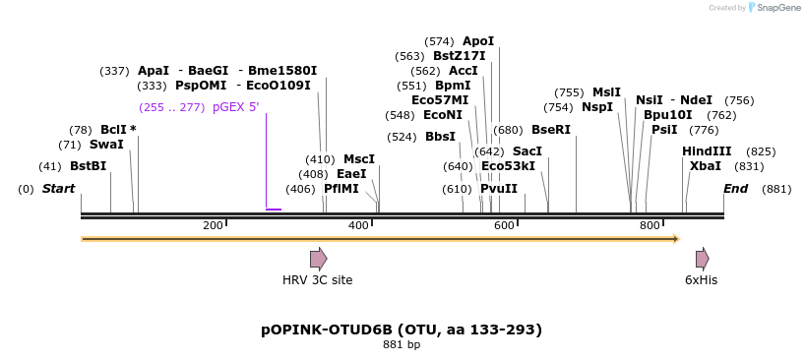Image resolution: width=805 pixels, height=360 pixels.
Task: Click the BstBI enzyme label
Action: (88, 166)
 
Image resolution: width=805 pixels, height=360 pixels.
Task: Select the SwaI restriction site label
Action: (106, 145)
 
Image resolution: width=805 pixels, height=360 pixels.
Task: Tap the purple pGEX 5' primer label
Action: (235, 107)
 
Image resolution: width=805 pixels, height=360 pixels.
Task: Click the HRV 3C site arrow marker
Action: (318, 259)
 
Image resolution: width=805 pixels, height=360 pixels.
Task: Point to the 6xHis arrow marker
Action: (702, 259)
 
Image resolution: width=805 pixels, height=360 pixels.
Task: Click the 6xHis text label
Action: (702, 280)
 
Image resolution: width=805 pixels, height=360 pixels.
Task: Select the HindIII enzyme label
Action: (707, 151)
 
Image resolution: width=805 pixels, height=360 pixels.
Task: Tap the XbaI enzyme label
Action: (706, 166)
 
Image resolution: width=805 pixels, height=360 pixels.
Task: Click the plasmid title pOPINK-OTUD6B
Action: (401, 330)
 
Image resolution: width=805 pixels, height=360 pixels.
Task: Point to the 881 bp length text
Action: (401, 345)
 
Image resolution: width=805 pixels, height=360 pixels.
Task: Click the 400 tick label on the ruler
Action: (358, 226)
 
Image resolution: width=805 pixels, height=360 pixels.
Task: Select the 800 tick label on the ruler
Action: (649, 226)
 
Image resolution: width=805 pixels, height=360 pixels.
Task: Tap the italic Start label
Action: (58, 189)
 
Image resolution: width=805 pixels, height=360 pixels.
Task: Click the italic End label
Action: (735, 189)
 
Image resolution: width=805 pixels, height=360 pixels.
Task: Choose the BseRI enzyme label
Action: (551, 130)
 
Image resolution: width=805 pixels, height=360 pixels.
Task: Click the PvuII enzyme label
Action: (499, 189)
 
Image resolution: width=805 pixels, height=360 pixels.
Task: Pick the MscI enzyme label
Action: (359, 159)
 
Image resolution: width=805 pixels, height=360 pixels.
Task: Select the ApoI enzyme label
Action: (478, 41)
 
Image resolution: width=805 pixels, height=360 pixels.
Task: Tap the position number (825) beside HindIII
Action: (761, 151)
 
